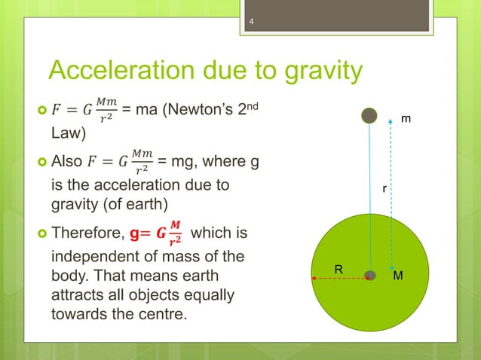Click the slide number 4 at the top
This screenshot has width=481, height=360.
253,29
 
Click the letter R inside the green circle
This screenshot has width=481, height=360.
339,268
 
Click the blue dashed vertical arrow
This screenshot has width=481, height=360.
391,196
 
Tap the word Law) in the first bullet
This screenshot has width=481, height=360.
69,135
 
